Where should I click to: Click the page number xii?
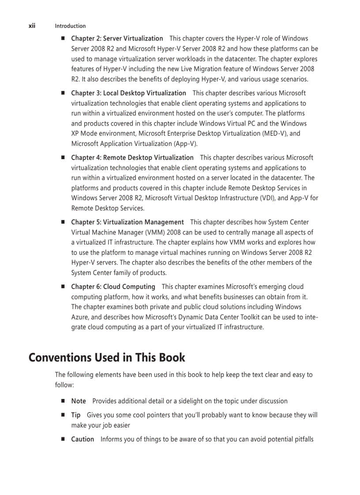coord(32,26)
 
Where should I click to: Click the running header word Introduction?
coord(70,26)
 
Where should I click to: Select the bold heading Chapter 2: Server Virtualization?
coord(117,39)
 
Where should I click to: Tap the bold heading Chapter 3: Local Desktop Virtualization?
coord(128,93)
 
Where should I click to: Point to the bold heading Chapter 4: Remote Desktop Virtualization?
coord(132,157)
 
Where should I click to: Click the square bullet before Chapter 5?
coord(63,222)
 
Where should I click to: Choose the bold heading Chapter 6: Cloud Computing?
coord(113,287)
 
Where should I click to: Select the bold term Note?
coord(79,401)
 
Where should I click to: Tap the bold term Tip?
coord(76,415)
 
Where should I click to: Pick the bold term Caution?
coord(82,439)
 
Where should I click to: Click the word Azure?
coord(80,317)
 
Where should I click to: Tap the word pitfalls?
coord(302,439)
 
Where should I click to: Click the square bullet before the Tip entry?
coord(63,415)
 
